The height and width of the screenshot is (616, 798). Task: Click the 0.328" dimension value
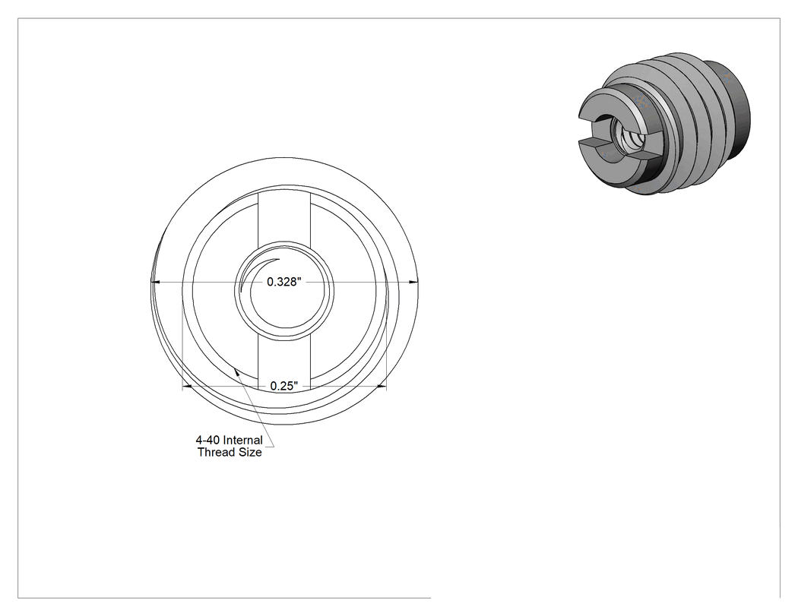(284, 282)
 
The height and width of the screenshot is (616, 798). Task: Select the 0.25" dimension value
(284, 386)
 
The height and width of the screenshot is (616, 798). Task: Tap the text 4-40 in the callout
(207, 440)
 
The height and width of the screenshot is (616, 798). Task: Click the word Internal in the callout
(243, 440)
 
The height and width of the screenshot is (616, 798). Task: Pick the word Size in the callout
(249, 452)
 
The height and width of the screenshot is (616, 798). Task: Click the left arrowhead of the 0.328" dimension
(156, 281)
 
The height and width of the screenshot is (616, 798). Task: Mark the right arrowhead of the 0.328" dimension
(413, 281)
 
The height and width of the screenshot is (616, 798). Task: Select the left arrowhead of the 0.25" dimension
(187, 387)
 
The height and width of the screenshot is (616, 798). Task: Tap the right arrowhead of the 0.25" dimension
(382, 387)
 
